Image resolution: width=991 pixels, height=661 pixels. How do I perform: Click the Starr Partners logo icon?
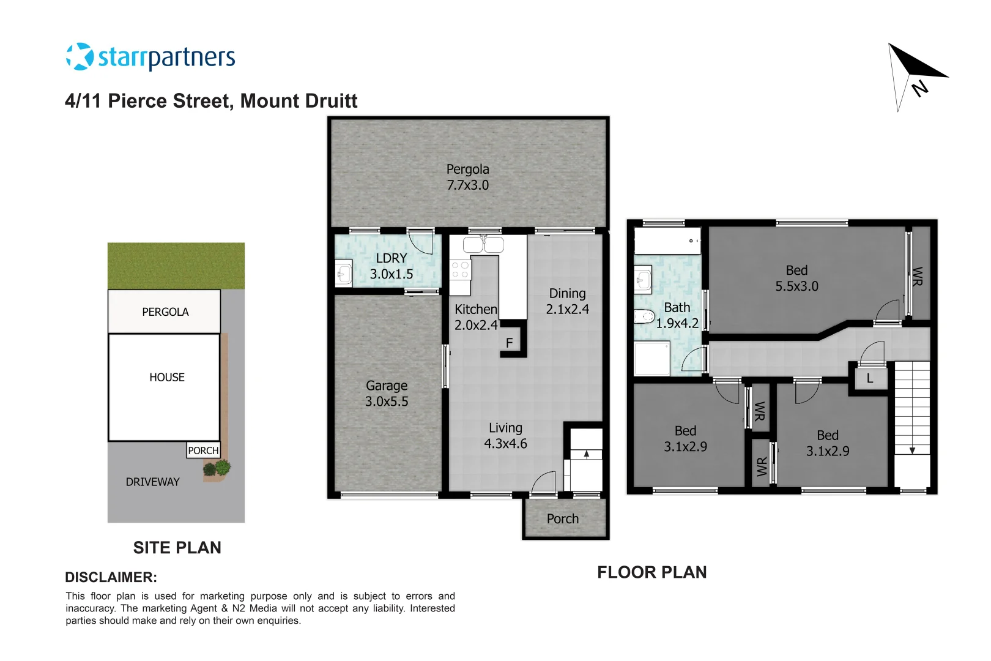(80, 56)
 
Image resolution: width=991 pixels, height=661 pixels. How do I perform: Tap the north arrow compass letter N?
(919, 88)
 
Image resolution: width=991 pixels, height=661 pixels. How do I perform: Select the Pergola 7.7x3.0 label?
(468, 177)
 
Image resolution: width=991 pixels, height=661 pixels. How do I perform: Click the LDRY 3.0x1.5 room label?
(392, 266)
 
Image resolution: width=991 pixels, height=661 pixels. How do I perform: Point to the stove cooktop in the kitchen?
(460, 270)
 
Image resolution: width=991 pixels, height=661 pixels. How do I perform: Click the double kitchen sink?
(483, 245)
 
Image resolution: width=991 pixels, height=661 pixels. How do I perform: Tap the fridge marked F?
(509, 343)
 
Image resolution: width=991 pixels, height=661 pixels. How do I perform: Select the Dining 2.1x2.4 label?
(567, 301)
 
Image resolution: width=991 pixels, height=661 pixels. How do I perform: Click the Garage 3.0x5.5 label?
(387, 394)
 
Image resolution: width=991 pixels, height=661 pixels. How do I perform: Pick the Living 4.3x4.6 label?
(505, 436)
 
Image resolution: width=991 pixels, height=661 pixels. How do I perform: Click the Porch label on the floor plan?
(562, 519)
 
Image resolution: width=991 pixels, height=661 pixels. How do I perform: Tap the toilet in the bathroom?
(644, 316)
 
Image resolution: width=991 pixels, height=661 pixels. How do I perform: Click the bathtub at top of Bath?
(667, 241)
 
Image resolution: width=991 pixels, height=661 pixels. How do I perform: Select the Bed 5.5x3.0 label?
(796, 278)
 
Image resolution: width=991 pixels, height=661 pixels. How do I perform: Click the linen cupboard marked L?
(869, 379)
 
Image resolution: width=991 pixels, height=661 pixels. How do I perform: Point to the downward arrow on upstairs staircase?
(912, 450)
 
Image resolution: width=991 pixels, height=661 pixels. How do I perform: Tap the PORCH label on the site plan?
(203, 450)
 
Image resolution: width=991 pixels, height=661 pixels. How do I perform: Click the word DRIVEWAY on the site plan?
(153, 482)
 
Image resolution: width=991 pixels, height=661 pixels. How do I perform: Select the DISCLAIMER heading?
(111, 577)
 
